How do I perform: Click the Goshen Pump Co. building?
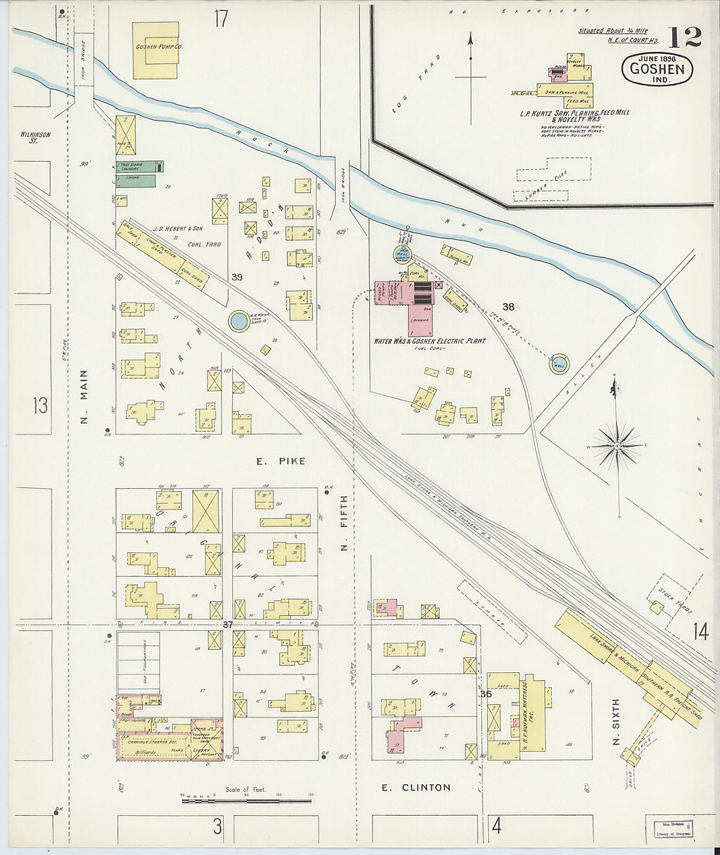[x=156, y=50]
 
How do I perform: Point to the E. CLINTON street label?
[x=416, y=788]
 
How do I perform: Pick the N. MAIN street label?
[x=84, y=396]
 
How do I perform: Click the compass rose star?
[x=616, y=447]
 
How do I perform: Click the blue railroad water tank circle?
[x=239, y=321]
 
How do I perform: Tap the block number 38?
[x=508, y=307]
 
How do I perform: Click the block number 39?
[x=236, y=277]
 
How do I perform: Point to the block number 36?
[x=485, y=694]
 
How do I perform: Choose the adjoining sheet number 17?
[x=221, y=19]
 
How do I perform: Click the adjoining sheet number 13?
[x=40, y=405]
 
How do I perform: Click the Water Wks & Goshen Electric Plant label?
[x=429, y=341]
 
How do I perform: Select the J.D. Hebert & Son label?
[x=177, y=229]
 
